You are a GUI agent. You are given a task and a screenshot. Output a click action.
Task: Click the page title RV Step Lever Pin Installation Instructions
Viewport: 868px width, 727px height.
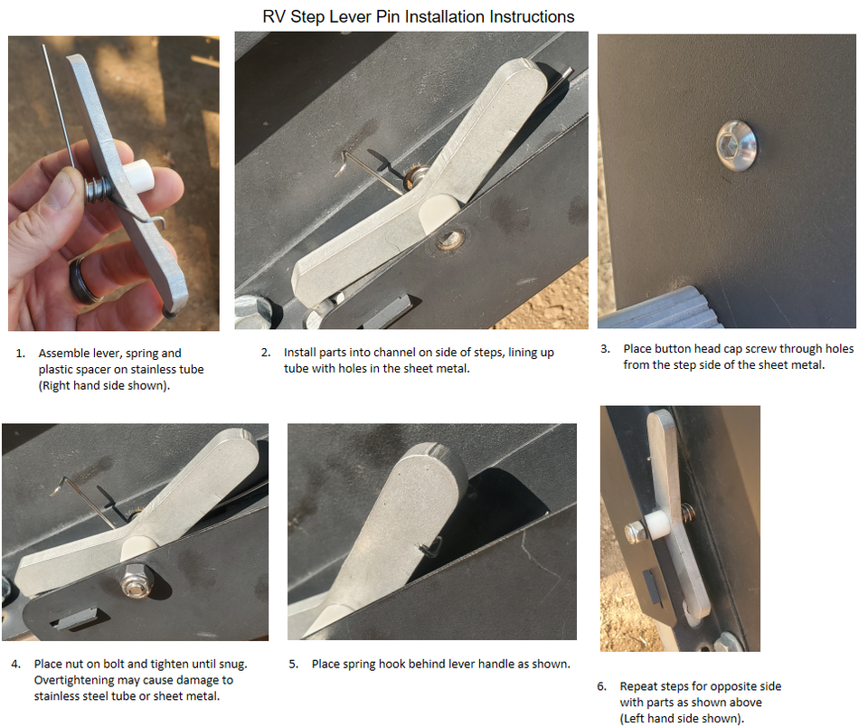(418, 16)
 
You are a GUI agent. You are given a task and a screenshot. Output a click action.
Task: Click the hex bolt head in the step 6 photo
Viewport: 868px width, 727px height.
(635, 533)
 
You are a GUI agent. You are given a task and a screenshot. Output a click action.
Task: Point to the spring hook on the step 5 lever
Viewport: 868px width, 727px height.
(432, 544)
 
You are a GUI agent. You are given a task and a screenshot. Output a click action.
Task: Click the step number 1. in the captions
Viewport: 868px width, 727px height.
(20, 353)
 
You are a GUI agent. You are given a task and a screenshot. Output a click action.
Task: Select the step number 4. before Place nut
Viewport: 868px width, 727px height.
(16, 664)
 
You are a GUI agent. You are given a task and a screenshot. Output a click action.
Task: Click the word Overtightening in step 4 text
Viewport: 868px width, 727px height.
(71, 680)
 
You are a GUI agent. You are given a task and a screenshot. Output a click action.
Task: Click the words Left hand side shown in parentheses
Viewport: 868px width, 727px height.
(678, 719)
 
